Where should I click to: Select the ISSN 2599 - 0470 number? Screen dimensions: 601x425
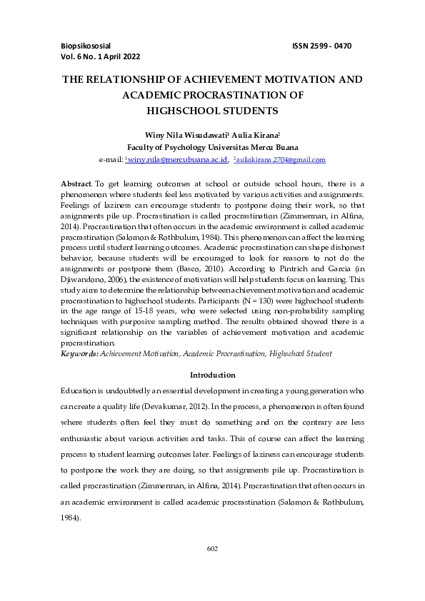point(321,46)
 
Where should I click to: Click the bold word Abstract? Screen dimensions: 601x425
point(76,184)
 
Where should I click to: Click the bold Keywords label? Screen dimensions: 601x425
point(79,353)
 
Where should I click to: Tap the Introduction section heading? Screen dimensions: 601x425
point(212,375)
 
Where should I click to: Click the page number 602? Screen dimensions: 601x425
point(211,547)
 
